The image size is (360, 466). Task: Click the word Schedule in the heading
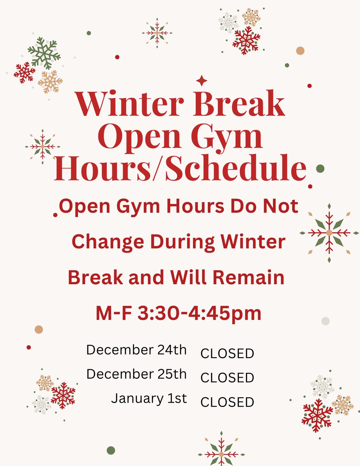(235, 169)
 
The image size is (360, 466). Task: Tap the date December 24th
(136, 350)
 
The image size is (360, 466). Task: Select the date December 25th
(136, 374)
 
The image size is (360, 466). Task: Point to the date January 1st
(149, 398)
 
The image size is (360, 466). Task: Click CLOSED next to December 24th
(227, 354)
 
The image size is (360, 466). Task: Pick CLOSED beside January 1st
(227, 402)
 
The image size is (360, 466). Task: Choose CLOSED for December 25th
(227, 378)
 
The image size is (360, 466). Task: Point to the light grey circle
(325, 321)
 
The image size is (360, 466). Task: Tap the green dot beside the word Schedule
(320, 169)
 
